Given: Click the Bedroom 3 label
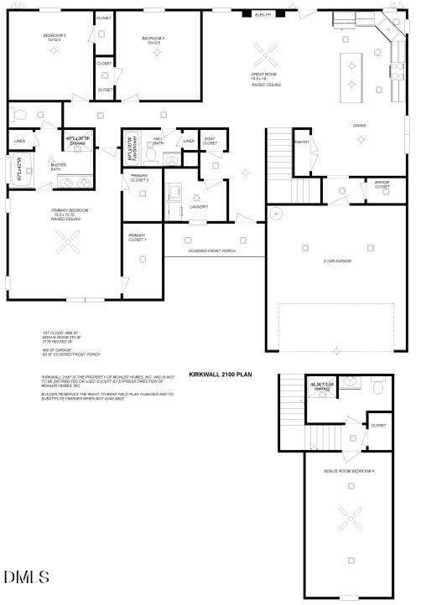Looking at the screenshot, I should coord(55,38).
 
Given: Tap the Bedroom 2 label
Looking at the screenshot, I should coord(153,39).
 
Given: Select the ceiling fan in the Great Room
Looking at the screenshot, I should coord(268,55).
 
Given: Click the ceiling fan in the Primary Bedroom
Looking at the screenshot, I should coord(69,244).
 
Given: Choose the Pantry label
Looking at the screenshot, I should coord(302,142).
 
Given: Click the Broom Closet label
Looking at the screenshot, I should coord(382,184).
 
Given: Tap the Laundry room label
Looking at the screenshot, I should coord(199,206).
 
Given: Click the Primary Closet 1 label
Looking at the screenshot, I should coord(137,237).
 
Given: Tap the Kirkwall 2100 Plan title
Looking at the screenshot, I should coord(220,375).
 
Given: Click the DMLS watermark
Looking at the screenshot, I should coord(27,577).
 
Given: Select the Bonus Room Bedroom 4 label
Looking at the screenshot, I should coord(350,471).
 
